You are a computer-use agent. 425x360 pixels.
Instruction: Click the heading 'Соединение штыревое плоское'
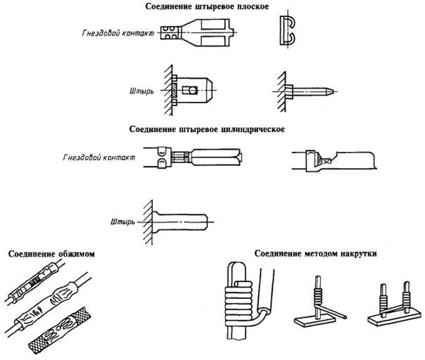(x=212, y=6)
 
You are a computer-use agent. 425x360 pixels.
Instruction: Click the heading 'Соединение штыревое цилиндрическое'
(x=212, y=129)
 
